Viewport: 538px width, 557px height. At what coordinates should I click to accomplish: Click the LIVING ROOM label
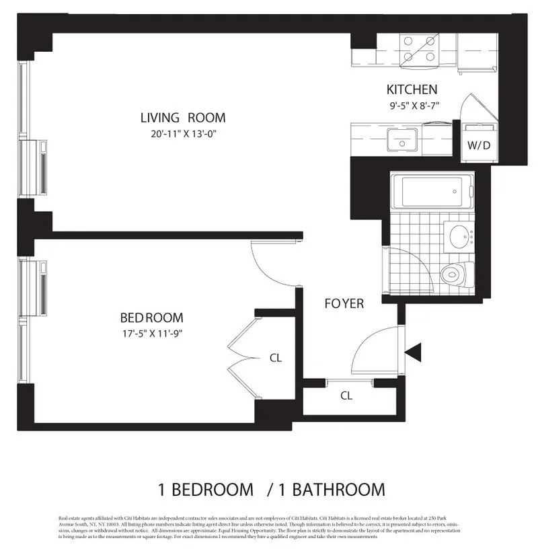[183, 117]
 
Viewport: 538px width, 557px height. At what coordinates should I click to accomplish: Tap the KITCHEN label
[412, 89]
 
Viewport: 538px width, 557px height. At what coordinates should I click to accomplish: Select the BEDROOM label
[151, 318]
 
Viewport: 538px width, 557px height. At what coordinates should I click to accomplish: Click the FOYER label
[344, 303]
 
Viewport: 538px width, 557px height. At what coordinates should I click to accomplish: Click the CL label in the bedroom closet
[275, 358]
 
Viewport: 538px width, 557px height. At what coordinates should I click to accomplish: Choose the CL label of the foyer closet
[346, 396]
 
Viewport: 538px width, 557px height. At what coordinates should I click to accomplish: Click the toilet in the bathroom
[457, 274]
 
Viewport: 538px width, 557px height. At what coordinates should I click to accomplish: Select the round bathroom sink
[461, 237]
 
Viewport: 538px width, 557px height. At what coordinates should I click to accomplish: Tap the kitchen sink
[401, 142]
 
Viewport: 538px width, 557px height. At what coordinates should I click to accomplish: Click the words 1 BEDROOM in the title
[206, 489]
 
